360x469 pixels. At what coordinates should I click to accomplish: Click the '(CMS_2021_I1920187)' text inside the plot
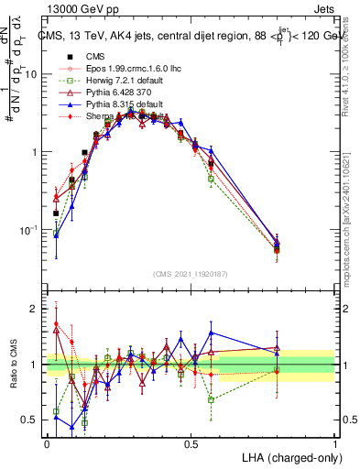(191, 272)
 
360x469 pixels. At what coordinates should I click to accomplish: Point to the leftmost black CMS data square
(56, 213)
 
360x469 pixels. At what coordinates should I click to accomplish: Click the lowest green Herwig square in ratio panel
(84, 423)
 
